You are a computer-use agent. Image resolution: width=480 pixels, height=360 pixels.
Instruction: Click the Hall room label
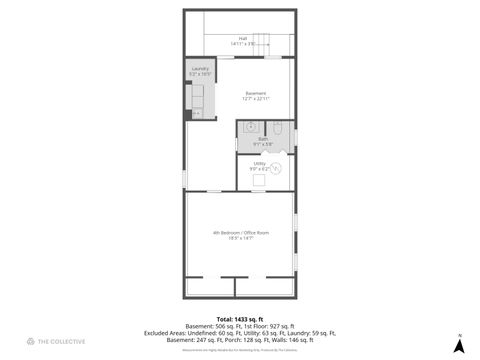pos(243,39)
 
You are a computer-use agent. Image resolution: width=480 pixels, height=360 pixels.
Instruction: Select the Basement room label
pos(257,93)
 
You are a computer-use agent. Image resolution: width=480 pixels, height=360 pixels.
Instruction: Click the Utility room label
pos(259,162)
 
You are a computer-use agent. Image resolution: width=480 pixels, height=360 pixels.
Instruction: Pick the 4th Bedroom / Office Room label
pos(240,232)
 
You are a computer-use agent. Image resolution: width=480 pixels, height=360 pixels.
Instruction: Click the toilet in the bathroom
pos(279,128)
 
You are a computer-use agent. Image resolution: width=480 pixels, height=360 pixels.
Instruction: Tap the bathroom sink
pos(250,127)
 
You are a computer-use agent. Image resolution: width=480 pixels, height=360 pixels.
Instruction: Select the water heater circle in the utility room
pos(276,169)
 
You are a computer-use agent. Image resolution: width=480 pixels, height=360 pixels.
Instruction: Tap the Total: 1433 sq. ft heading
pos(240,318)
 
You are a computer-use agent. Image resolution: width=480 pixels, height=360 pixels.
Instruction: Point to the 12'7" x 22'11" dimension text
pos(257,99)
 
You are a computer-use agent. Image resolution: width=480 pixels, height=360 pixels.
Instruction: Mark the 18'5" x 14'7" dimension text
pos(240,238)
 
